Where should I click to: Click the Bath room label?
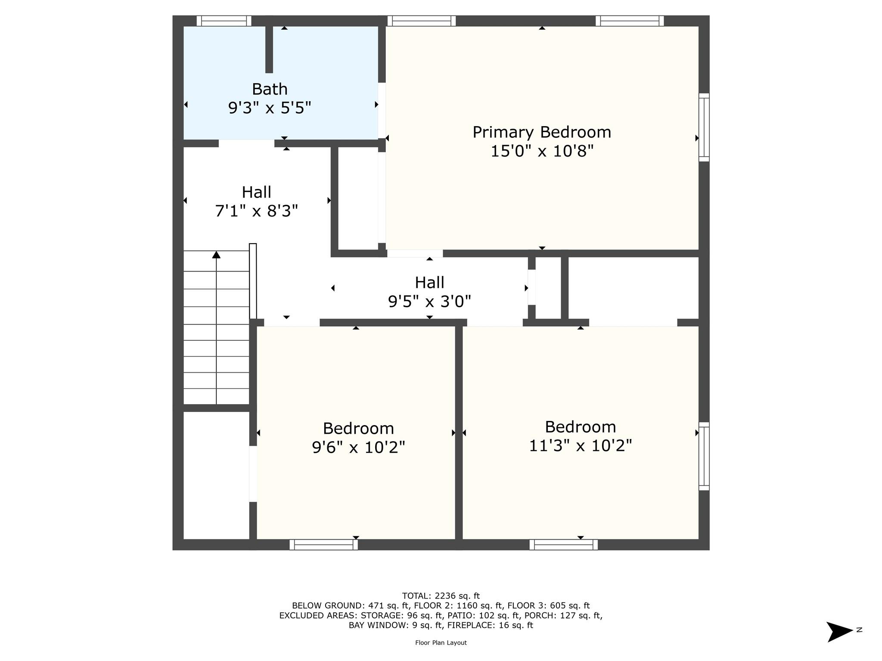(270, 89)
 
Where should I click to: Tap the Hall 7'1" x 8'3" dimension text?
(256, 211)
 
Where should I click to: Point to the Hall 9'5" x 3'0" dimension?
(429, 302)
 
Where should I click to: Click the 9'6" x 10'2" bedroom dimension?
(358, 448)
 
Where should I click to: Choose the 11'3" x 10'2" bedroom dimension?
(580, 446)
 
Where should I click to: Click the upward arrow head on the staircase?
(216, 255)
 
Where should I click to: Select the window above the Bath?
(224, 21)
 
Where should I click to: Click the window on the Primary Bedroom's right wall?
(704, 127)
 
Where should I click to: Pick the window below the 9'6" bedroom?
(323, 545)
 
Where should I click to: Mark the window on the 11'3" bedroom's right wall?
(704, 456)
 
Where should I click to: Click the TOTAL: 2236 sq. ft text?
(441, 596)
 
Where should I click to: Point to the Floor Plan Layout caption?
(441, 642)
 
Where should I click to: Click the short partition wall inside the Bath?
(269, 49)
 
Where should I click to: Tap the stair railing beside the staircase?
(253, 281)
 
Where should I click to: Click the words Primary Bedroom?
(542, 132)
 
